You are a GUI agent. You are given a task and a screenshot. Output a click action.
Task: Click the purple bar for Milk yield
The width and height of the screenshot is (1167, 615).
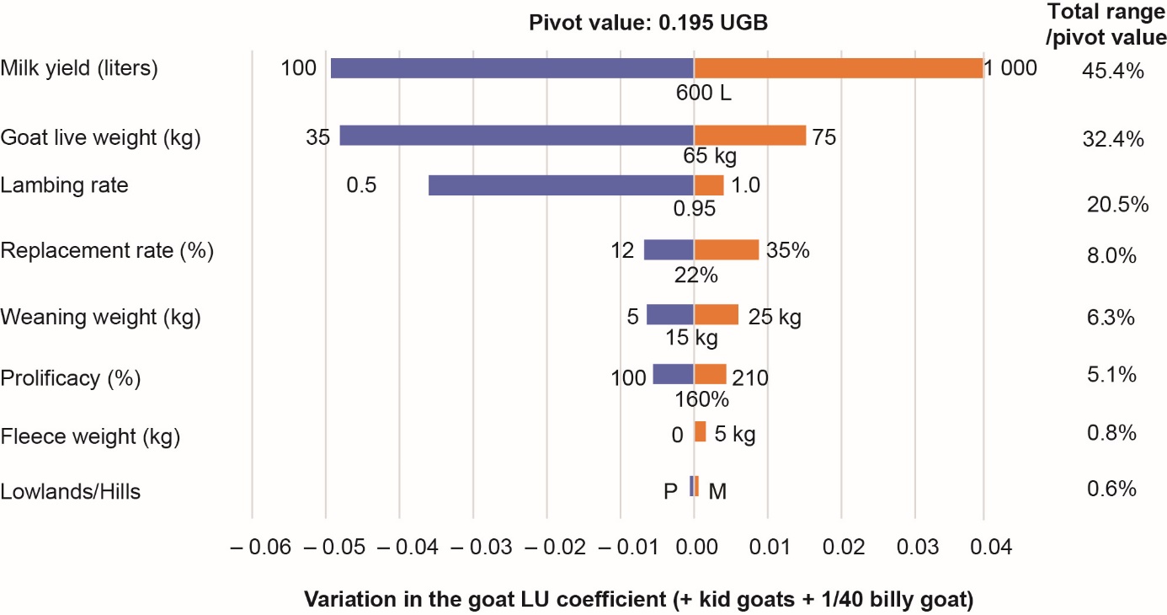512,68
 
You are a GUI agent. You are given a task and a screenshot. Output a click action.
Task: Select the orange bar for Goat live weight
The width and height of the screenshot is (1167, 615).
749,136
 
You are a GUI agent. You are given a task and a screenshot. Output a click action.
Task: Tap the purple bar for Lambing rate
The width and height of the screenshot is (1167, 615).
561,185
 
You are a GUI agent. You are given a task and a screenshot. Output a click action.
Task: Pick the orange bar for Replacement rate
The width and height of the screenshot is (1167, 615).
726,249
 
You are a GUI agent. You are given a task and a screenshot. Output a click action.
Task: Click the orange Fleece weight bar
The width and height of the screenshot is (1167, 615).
700,431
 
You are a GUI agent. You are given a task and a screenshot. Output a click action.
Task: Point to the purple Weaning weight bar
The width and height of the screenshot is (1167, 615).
670,314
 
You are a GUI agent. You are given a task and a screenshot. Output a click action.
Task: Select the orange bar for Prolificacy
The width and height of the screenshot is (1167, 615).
710,374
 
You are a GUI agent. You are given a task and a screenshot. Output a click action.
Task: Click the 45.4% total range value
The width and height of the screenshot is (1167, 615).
1112,72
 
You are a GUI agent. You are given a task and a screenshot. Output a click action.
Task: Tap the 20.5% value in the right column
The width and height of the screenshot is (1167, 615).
1117,204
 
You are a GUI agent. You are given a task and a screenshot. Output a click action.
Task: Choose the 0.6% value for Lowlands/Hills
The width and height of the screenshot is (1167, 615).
1112,489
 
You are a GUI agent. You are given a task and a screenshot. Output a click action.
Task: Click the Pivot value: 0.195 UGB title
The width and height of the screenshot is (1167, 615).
647,23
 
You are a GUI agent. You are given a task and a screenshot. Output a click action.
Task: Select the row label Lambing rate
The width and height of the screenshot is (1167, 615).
65,185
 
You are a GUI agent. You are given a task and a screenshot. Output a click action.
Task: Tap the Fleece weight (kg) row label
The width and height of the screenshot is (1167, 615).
91,436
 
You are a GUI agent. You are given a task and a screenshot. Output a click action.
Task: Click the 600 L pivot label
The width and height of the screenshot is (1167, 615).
704,94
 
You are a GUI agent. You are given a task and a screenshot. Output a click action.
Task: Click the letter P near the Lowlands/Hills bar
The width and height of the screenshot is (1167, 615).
670,490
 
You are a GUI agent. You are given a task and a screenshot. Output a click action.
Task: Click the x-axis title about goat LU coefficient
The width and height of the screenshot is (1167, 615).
637,600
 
